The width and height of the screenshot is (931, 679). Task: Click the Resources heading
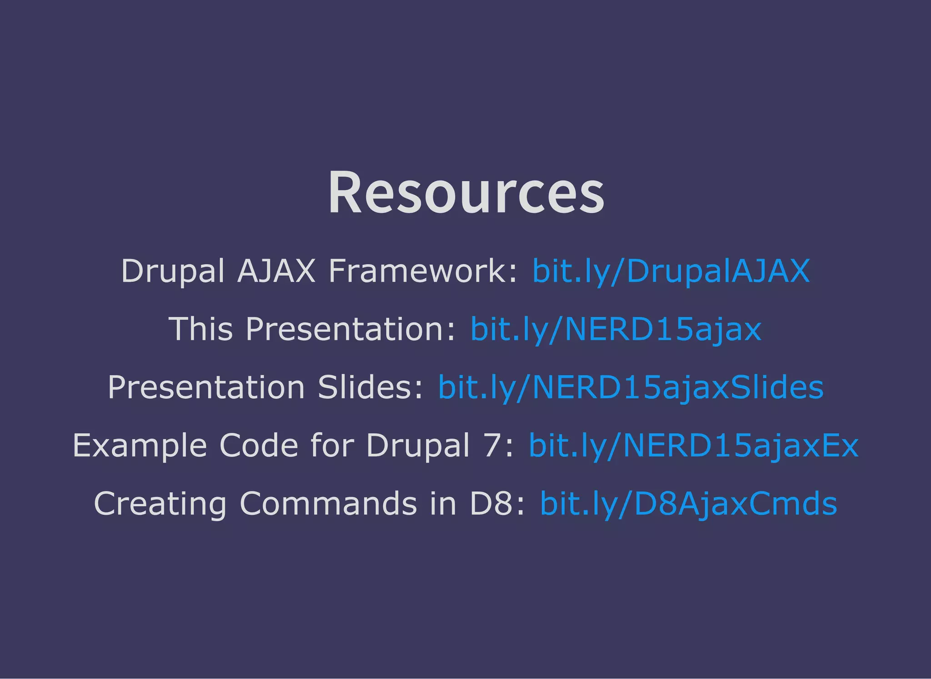click(466, 193)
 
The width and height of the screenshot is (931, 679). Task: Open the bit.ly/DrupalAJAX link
click(671, 271)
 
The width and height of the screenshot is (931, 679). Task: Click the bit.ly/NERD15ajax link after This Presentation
click(616, 330)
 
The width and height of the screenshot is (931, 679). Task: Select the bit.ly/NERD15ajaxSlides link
click(631, 388)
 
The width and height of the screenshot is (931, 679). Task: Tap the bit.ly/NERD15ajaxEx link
click(693, 446)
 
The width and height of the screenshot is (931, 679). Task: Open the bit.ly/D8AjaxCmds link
click(688, 504)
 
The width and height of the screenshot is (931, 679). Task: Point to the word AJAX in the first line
click(276, 271)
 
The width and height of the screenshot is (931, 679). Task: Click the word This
click(200, 330)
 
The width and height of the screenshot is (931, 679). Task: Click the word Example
click(140, 446)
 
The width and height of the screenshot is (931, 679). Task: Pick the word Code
click(259, 446)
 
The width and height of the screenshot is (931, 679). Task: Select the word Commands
click(328, 504)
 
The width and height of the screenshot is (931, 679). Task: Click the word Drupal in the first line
click(173, 271)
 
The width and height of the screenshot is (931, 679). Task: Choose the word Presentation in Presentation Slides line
click(206, 388)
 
